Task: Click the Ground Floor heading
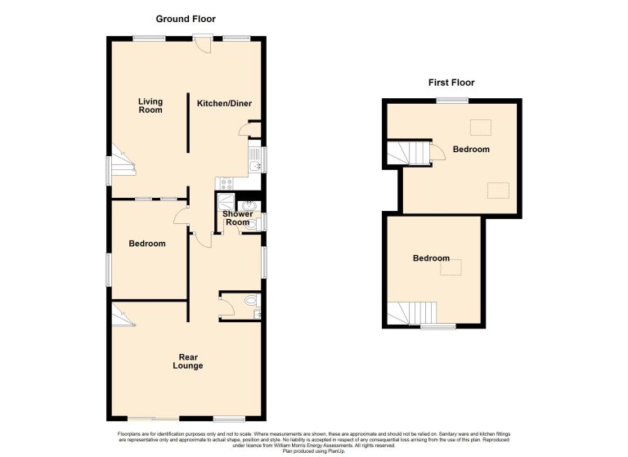pyautogui.click(x=186, y=19)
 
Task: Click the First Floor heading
pyautogui.click(x=451, y=83)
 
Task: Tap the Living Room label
pyautogui.click(x=150, y=105)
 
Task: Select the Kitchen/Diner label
pyautogui.click(x=224, y=103)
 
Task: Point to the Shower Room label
pyautogui.click(x=237, y=218)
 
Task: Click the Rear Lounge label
pyautogui.click(x=188, y=361)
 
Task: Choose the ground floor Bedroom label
pyautogui.click(x=147, y=244)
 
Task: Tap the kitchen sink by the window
pyautogui.click(x=254, y=160)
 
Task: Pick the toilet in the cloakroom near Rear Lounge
pyautogui.click(x=253, y=300)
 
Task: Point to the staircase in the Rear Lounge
pyautogui.click(x=122, y=316)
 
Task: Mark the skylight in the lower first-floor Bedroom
pyautogui.click(x=451, y=267)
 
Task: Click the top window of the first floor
pyautogui.click(x=452, y=100)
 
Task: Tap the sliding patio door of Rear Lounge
pyautogui.click(x=154, y=419)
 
